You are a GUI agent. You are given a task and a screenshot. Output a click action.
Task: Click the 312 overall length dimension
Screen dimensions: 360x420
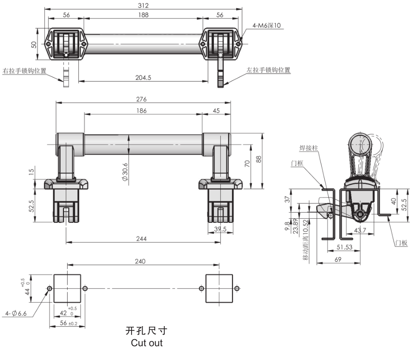coord(144,5)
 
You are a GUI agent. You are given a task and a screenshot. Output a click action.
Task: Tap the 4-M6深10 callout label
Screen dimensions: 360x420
coord(267,25)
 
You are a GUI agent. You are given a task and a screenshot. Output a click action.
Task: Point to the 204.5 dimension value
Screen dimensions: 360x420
coord(143,78)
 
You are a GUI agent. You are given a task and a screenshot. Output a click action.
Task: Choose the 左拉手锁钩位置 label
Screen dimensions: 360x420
coord(269,70)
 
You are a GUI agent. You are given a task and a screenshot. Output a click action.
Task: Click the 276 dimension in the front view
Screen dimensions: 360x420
coord(142,99)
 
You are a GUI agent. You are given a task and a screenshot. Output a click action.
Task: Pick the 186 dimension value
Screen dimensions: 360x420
coord(142,111)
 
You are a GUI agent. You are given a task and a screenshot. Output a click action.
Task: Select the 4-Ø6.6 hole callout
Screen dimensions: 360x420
coord(16,314)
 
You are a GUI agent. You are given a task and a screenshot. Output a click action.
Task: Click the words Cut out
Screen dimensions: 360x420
coord(147,343)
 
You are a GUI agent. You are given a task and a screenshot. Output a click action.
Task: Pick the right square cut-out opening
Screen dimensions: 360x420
coord(219,288)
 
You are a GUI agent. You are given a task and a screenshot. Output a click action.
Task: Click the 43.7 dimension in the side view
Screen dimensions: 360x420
coord(360,230)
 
